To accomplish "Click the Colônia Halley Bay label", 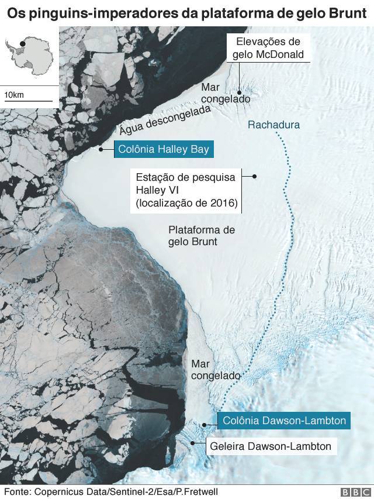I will tap(163, 149).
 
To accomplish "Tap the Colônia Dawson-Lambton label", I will tap(285, 420).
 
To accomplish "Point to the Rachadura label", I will tap(273, 125).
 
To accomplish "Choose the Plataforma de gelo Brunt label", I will tap(201, 235).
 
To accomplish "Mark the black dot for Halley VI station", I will tap(254, 177).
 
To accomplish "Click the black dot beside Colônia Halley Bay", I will tap(101, 149).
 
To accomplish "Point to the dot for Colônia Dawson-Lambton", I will tap(204, 425).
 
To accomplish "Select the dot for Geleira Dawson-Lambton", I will tap(194, 443).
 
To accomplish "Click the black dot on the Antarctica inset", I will tap(22, 43).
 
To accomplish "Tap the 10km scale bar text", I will tap(14, 95).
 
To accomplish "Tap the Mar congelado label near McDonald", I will tap(225, 93).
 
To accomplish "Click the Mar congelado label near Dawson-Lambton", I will tap(216, 370).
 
